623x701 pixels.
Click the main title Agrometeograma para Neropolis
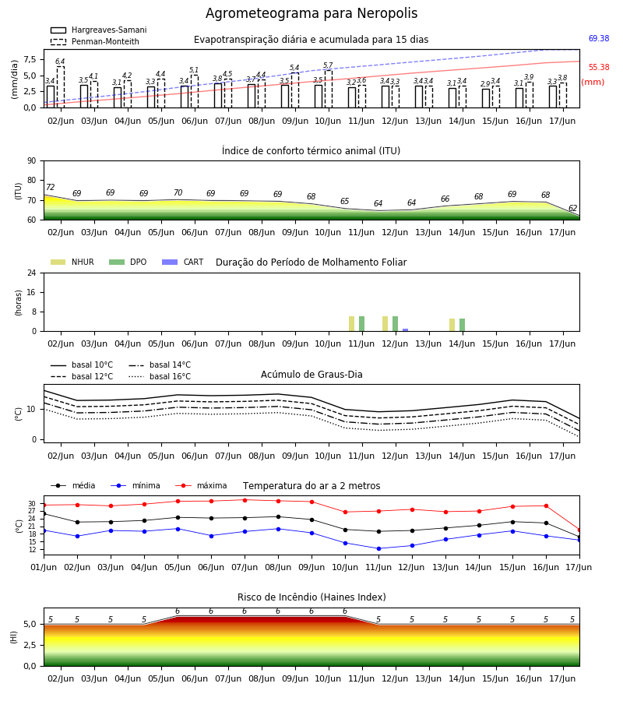311,13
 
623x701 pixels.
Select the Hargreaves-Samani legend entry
99,30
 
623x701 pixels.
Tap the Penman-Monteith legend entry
95,41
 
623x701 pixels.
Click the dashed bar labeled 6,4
61,87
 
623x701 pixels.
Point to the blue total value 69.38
599,38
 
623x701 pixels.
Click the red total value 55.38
599,67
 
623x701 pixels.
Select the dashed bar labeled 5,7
329,89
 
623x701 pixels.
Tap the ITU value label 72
51,187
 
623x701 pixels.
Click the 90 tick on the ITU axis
32,161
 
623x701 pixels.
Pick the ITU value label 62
572,208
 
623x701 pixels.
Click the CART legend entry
183,262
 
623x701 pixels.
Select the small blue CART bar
406,330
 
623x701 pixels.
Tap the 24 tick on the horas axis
32,273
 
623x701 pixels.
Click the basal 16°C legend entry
160,376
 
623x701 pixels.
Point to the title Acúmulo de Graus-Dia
311,375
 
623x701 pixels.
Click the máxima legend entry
201,485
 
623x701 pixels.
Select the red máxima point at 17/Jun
579,530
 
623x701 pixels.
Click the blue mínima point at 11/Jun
379,548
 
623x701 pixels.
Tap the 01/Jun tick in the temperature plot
44,567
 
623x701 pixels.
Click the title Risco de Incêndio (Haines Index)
311,597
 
